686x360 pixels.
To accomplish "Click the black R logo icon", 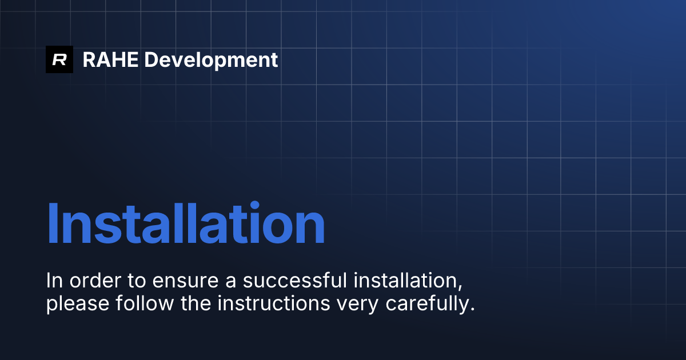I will point(59,59).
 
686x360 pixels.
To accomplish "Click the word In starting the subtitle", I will point(54,281).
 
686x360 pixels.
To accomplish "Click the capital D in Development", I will point(151,59).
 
